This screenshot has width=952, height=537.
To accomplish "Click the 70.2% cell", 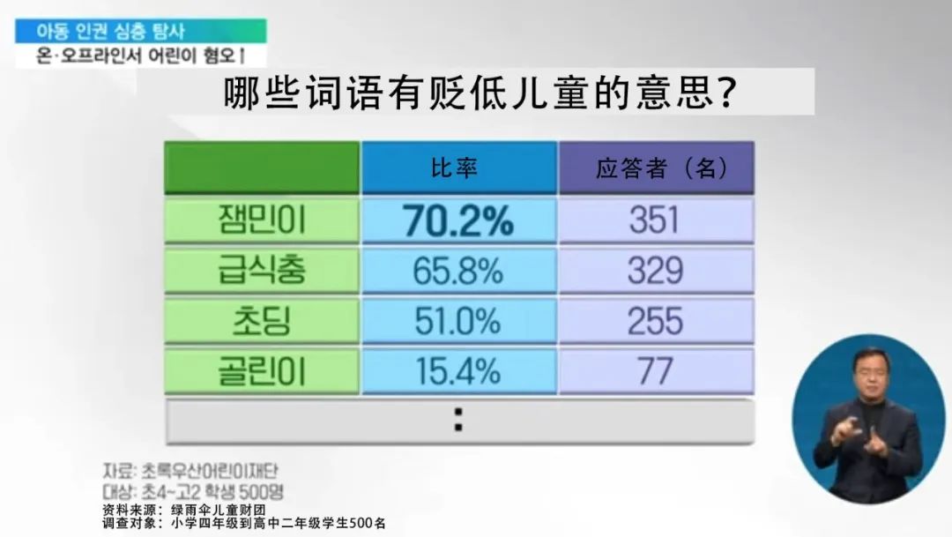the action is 458,220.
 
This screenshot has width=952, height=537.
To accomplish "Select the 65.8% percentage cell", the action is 458,271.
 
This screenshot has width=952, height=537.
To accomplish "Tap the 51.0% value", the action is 458,321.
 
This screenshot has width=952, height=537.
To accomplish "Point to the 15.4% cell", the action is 458,371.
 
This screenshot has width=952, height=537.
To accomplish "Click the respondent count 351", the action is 656,220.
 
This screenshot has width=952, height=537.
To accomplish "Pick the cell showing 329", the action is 656,271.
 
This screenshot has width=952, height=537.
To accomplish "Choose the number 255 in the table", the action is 656,321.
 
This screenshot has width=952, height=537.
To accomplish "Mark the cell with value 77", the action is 656,371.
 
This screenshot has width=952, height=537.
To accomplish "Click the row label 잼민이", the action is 262,220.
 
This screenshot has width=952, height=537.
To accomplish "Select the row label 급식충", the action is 262,271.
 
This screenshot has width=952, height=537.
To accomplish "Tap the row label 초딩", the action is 262,321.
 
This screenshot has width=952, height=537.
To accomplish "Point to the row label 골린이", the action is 262,371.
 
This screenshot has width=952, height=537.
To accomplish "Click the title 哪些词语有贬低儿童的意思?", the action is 480,93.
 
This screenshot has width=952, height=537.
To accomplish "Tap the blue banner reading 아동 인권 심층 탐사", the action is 141,31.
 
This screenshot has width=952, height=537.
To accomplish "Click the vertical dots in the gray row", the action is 458,420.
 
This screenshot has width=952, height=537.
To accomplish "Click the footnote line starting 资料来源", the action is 184,510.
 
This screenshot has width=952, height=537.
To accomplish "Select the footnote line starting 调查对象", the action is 244,523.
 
